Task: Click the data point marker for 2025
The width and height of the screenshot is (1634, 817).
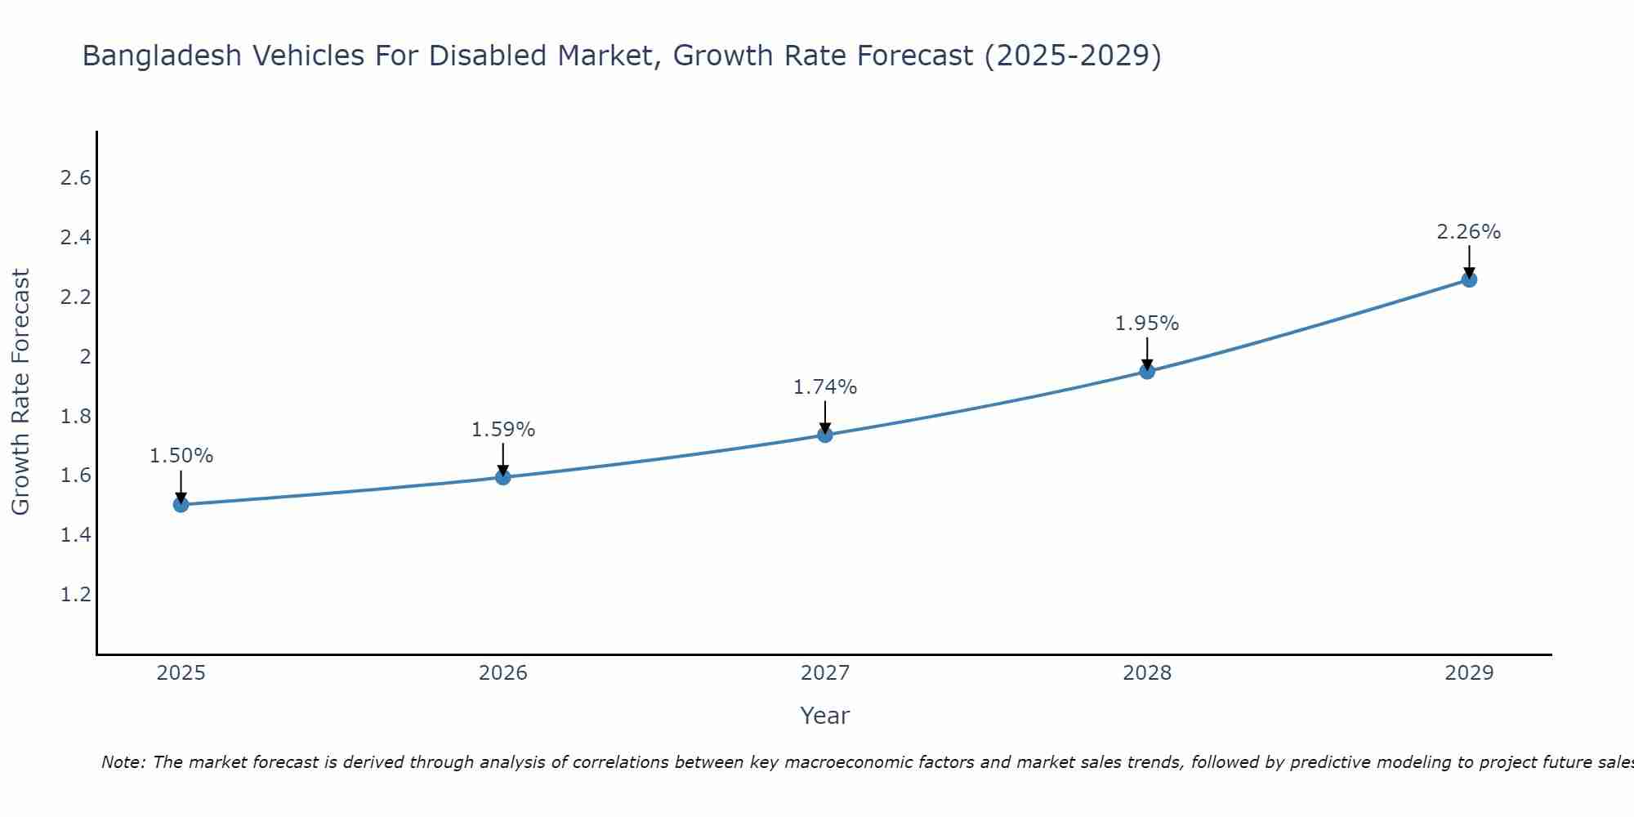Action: (x=181, y=505)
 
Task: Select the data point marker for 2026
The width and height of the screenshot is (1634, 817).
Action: (x=503, y=477)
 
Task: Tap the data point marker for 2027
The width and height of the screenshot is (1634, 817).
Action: (x=825, y=435)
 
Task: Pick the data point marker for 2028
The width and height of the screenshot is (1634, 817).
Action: (x=1147, y=372)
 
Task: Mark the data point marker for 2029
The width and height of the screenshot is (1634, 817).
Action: (x=1469, y=279)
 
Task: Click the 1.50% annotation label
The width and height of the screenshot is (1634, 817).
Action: (x=181, y=456)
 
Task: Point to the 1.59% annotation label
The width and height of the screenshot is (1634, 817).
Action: (x=503, y=430)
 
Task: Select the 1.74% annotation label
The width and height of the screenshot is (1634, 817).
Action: (x=825, y=387)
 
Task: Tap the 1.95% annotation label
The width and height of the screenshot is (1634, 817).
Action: (x=1147, y=324)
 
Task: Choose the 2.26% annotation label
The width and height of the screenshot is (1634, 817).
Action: (x=1469, y=232)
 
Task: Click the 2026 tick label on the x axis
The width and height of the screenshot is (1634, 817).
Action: (x=503, y=673)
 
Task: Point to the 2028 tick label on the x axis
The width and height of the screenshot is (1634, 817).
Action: (x=1147, y=673)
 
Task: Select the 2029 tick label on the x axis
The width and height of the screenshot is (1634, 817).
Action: (x=1469, y=673)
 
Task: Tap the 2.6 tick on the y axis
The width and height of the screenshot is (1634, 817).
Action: (x=75, y=178)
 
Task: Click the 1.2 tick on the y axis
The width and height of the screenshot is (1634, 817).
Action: (x=75, y=594)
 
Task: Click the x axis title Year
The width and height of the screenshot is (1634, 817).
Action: (x=825, y=716)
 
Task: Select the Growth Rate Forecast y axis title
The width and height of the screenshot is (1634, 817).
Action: (x=20, y=392)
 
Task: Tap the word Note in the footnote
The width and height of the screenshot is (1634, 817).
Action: (x=123, y=762)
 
